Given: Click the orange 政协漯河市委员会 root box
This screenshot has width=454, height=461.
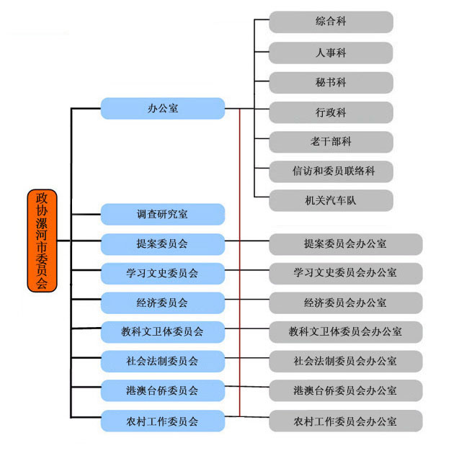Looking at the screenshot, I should coord(42,241).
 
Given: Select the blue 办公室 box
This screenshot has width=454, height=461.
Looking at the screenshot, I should coord(162,109).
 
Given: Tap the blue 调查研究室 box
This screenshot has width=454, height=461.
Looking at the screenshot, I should coord(162,215).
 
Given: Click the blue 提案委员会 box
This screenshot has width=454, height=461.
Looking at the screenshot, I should coord(162,244).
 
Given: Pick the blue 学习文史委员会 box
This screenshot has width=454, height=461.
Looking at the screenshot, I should coord(162,274).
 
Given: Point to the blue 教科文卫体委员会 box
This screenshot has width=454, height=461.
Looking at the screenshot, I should coord(162,332).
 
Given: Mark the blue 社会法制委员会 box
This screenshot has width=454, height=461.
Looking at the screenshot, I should coord(162,362).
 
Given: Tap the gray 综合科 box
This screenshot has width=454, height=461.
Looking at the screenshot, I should coord(331,22).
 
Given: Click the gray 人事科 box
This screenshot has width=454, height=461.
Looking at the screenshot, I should coord(331,53).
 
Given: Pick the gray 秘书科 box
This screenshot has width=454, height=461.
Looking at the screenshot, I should coord(331,83).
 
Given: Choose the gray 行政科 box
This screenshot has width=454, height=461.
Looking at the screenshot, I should coord(331,112).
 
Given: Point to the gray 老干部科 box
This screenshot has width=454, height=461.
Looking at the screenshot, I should coord(331,142).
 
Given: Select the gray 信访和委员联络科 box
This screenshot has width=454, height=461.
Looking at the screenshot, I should coord(331,171).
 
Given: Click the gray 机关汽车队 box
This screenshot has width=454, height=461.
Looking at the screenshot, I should coord(331,200).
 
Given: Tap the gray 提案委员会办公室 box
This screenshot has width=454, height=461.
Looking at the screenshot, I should coord(345,244).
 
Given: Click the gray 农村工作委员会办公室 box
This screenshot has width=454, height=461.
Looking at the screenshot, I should coord(345,421).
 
